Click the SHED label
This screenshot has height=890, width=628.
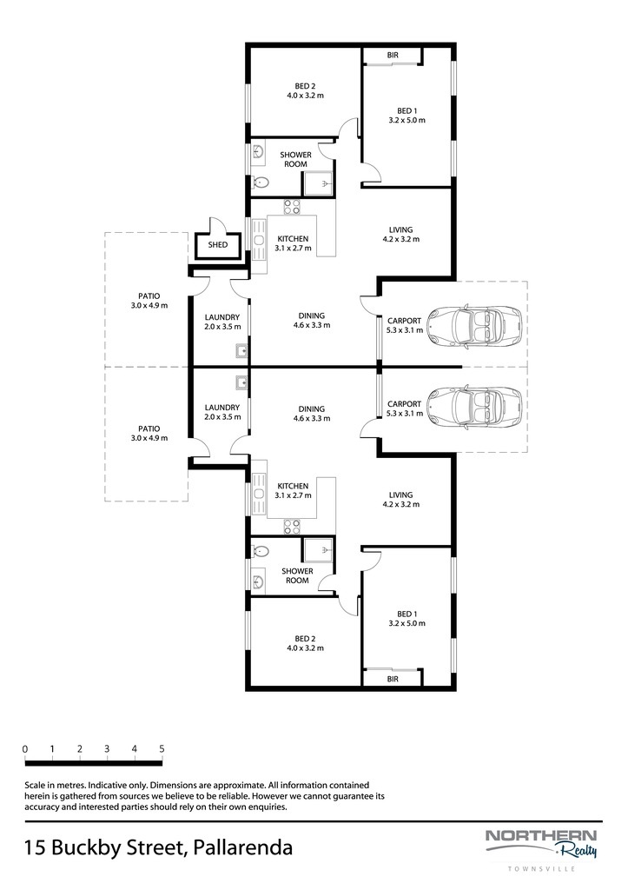[x=218, y=244]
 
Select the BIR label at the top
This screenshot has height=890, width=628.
[x=393, y=55]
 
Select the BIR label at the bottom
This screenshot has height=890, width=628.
[x=393, y=679]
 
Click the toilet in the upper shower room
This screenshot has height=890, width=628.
[x=261, y=183]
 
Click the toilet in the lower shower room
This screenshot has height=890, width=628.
[x=261, y=551]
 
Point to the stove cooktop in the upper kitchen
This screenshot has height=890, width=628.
[x=292, y=207]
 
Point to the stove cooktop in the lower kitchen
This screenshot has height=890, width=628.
[x=292, y=527]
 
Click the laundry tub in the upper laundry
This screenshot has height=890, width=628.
[x=241, y=351]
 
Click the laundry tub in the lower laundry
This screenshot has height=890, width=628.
[x=241, y=382]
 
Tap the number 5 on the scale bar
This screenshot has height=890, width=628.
[x=162, y=748]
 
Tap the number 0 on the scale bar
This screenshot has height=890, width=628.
[x=25, y=748]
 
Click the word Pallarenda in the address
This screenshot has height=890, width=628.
[x=243, y=848]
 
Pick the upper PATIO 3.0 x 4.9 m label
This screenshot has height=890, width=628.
[x=149, y=300]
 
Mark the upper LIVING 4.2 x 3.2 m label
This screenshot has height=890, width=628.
[x=401, y=235]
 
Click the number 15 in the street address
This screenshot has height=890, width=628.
[x=35, y=848]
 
